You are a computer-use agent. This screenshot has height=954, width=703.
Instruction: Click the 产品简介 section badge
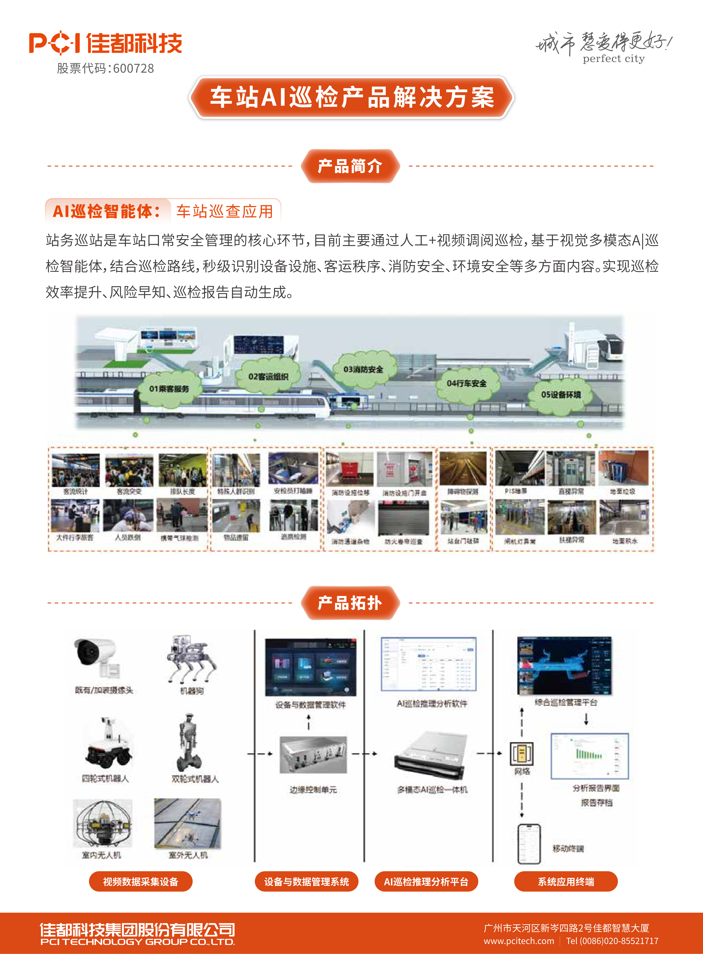(x=350, y=166)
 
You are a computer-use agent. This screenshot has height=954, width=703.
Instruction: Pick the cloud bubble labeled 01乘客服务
(x=169, y=389)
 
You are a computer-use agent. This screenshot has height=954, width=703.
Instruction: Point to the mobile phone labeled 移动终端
(x=529, y=844)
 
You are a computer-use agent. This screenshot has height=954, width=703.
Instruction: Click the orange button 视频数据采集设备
(x=140, y=881)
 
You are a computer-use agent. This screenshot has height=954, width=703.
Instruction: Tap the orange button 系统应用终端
(x=566, y=881)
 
